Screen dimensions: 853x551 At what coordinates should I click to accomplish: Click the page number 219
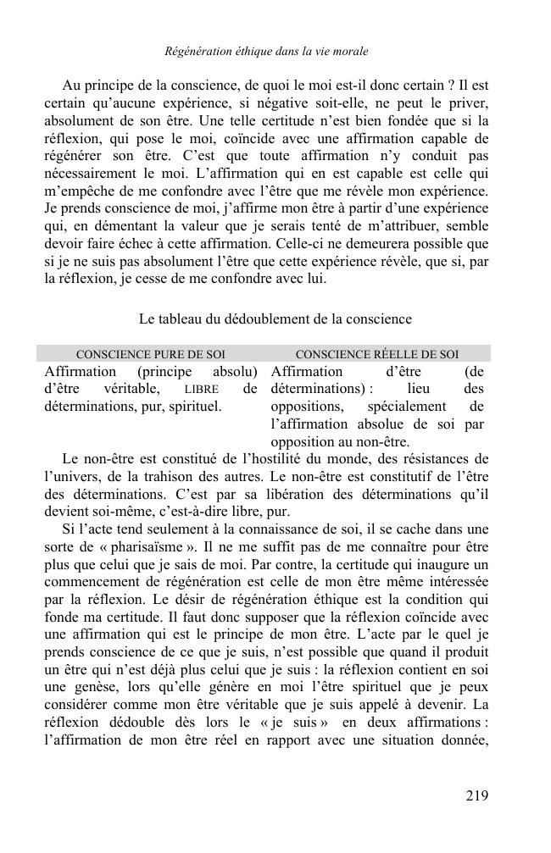coord(476,795)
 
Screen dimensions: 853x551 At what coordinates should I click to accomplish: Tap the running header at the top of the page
coord(266,52)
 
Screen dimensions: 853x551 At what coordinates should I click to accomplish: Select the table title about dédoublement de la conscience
coord(275,319)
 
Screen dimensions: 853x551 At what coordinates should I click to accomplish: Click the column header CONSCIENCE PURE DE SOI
coord(150,355)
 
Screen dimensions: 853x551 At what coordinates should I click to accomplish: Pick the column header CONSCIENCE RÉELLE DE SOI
coord(377,355)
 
